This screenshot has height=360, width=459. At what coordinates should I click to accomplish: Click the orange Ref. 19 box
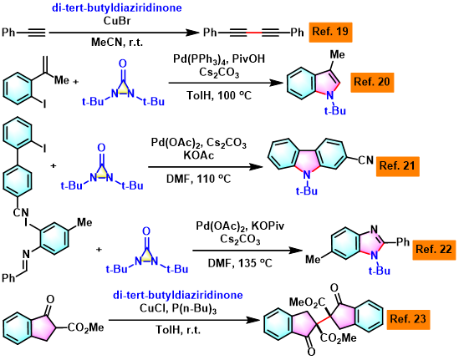click(x=330, y=33)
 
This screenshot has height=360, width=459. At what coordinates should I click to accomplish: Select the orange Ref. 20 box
click(x=372, y=82)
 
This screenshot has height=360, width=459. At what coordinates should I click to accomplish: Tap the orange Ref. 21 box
click(x=397, y=166)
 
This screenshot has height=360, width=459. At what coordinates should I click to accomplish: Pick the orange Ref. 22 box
click(x=434, y=250)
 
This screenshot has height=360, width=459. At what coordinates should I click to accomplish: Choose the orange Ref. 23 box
click(x=408, y=319)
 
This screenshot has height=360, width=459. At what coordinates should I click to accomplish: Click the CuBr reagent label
click(x=117, y=21)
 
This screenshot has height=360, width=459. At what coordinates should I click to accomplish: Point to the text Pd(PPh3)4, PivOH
click(x=219, y=59)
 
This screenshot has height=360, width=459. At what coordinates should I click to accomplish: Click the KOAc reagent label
click(x=199, y=155)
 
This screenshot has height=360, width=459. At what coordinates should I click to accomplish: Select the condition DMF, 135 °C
click(x=240, y=263)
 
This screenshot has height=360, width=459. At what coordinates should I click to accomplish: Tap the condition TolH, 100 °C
click(x=219, y=95)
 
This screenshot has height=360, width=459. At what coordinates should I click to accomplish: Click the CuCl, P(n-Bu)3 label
click(x=178, y=309)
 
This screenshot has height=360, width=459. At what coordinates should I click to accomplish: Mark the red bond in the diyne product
click(x=254, y=33)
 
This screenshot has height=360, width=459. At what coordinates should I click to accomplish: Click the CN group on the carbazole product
click(x=366, y=160)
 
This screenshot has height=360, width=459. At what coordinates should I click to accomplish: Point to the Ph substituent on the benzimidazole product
click(x=402, y=241)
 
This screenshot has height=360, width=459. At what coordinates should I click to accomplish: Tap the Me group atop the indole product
click(x=337, y=54)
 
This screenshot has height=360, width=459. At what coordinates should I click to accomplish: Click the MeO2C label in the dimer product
click(x=307, y=302)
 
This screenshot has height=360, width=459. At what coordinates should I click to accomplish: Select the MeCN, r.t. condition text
click(x=117, y=43)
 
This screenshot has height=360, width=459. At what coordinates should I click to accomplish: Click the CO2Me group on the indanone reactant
click(x=86, y=327)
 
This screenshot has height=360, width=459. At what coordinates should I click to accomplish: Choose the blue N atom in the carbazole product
click(x=307, y=175)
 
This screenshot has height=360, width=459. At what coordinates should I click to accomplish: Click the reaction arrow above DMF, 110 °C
click(x=206, y=167)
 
